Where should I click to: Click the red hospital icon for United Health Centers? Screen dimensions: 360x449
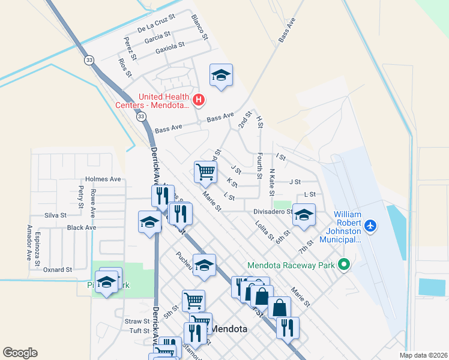(x=199, y=99)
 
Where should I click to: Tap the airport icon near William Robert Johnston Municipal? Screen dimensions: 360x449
(x=370, y=226)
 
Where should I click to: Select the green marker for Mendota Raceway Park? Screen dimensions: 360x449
(x=344, y=263)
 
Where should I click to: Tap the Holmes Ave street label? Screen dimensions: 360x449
(x=103, y=179)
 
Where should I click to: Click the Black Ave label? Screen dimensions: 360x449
(x=82, y=228)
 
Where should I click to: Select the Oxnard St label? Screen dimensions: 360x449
(x=58, y=270)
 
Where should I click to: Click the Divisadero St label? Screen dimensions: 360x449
(x=272, y=211)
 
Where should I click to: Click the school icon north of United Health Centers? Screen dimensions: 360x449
(x=221, y=75)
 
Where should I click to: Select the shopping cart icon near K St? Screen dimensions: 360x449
(x=205, y=172)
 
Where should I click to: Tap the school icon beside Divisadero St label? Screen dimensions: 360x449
(x=304, y=215)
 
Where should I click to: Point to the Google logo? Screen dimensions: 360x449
(x=20, y=353)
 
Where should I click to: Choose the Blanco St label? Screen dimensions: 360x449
(x=199, y=27)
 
